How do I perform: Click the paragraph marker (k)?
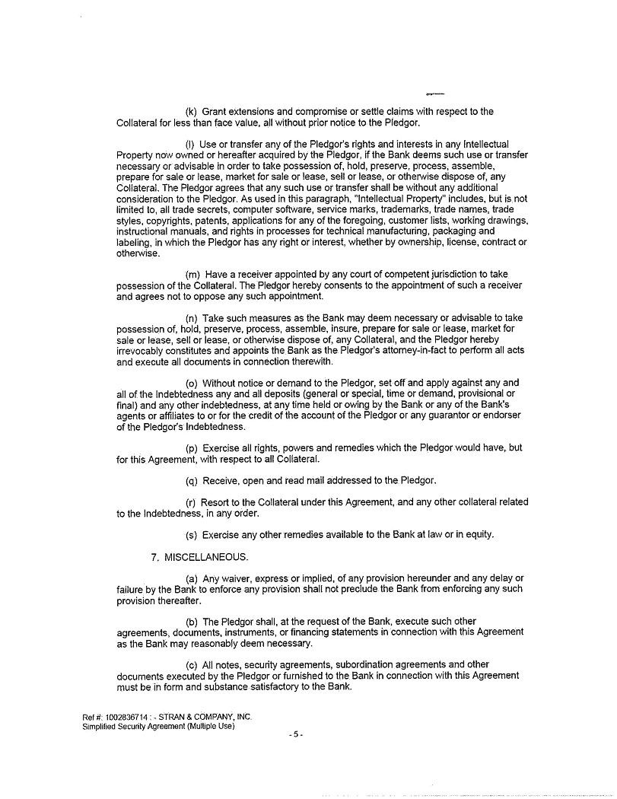[x=192, y=112]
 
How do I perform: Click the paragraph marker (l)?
[x=191, y=145]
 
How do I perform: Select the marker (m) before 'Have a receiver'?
[x=192, y=275]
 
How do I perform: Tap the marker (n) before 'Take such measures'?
[x=192, y=318]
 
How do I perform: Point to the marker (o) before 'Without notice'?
[x=192, y=383]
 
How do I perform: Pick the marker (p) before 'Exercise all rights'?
[x=192, y=448]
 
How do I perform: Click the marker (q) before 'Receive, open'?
[x=192, y=481]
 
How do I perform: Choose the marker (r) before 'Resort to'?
[x=191, y=502]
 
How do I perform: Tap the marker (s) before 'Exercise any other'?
[x=192, y=535]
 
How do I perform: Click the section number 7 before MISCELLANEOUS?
[x=154, y=557]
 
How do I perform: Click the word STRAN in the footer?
[x=172, y=718]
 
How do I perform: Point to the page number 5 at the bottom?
[x=296, y=735]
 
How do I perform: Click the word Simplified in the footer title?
[x=99, y=727]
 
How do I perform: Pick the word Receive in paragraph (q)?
[x=221, y=481]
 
